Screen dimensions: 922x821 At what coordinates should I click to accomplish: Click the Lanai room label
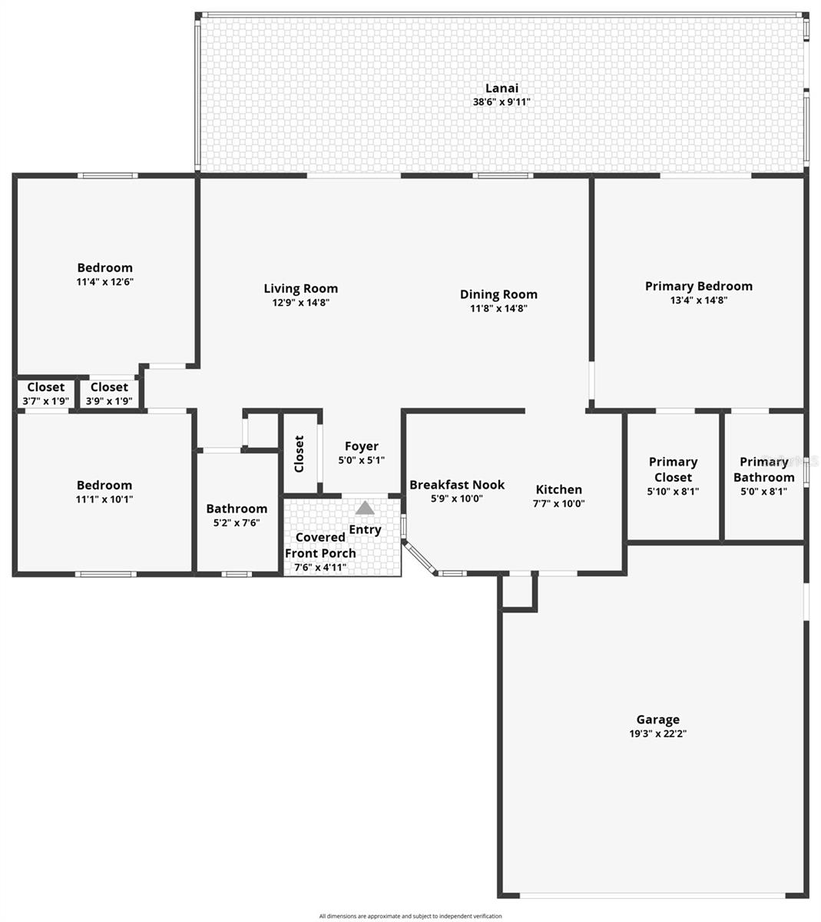502,88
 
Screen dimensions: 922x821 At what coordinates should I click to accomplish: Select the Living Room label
301,289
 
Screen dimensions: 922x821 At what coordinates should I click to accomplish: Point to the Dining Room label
498,294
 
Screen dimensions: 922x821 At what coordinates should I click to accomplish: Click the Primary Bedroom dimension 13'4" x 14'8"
698,300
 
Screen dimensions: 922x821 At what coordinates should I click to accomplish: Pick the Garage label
657,720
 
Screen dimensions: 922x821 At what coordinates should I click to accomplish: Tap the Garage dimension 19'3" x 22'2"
657,734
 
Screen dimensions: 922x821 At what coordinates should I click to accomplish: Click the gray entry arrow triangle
365,508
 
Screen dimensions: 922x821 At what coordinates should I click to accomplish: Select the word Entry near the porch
365,529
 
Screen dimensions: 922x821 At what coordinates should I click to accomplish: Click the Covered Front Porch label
320,545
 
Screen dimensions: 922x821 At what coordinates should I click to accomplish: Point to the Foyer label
361,446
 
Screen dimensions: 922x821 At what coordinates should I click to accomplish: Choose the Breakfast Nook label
457,485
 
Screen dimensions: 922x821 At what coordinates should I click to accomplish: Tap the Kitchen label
558,489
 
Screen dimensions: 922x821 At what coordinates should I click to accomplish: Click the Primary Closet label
673,469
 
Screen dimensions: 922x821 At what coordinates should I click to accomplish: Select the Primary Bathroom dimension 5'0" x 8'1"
763,492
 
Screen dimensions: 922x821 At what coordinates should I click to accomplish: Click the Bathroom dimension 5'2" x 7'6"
237,522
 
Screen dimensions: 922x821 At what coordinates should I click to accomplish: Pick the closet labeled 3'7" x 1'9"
46,401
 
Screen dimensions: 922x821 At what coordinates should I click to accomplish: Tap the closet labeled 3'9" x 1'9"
109,401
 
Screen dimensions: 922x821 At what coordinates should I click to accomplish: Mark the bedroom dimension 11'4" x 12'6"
104,282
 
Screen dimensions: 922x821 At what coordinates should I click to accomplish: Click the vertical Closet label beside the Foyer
300,454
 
